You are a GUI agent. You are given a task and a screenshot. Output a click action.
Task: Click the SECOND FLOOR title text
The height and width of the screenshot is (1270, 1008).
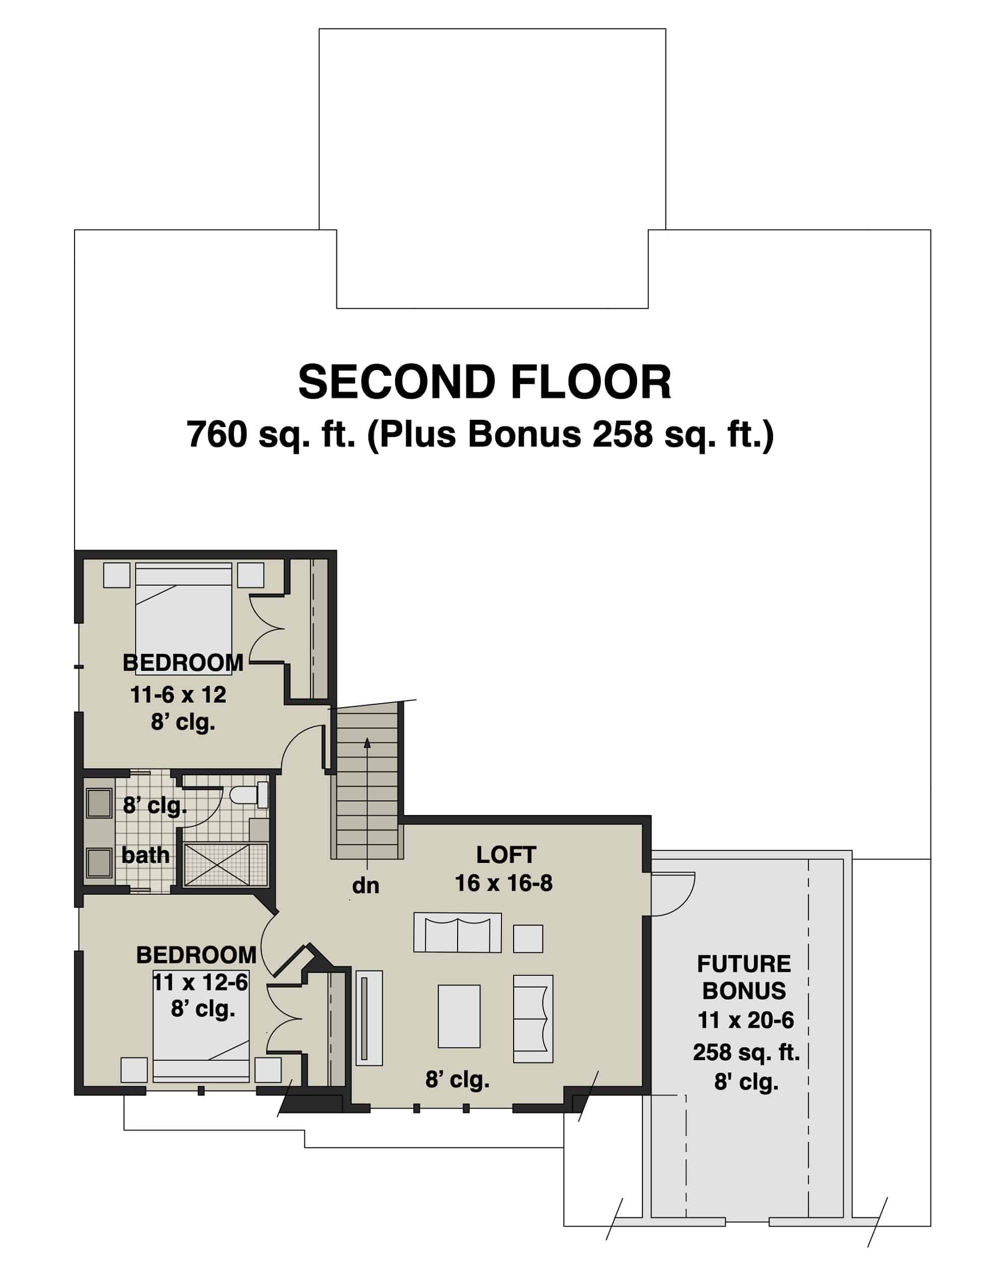(x=484, y=383)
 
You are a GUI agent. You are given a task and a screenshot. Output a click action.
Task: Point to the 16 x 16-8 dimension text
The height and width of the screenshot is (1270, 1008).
(x=503, y=883)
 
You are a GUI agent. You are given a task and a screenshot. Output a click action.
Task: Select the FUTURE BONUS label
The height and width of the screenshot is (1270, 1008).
(x=743, y=978)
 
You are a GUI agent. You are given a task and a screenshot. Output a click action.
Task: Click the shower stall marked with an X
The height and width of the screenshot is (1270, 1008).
(x=225, y=864)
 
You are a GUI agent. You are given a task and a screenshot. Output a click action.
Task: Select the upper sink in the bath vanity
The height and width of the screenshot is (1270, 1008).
(x=99, y=803)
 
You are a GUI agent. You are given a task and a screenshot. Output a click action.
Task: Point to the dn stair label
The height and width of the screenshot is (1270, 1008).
(x=365, y=886)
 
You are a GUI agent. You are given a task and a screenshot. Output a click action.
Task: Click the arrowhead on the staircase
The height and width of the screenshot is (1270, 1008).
(x=367, y=743)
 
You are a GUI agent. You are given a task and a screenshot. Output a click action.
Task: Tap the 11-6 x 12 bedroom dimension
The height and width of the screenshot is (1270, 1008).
(x=178, y=695)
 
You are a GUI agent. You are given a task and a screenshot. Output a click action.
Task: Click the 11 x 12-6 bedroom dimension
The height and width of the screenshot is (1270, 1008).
(x=200, y=983)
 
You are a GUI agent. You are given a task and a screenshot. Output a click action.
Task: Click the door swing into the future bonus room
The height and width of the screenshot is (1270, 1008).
(x=672, y=894)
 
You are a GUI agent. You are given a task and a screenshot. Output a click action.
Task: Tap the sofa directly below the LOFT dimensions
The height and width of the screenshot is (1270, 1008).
(x=457, y=933)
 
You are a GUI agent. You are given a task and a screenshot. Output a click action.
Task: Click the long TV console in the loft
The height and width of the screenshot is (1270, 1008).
(x=369, y=1017)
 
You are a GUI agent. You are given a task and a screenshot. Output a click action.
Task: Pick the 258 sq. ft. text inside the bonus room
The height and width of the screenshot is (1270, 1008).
(x=746, y=1052)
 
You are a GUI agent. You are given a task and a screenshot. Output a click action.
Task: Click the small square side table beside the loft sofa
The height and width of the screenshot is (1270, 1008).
(x=528, y=938)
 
